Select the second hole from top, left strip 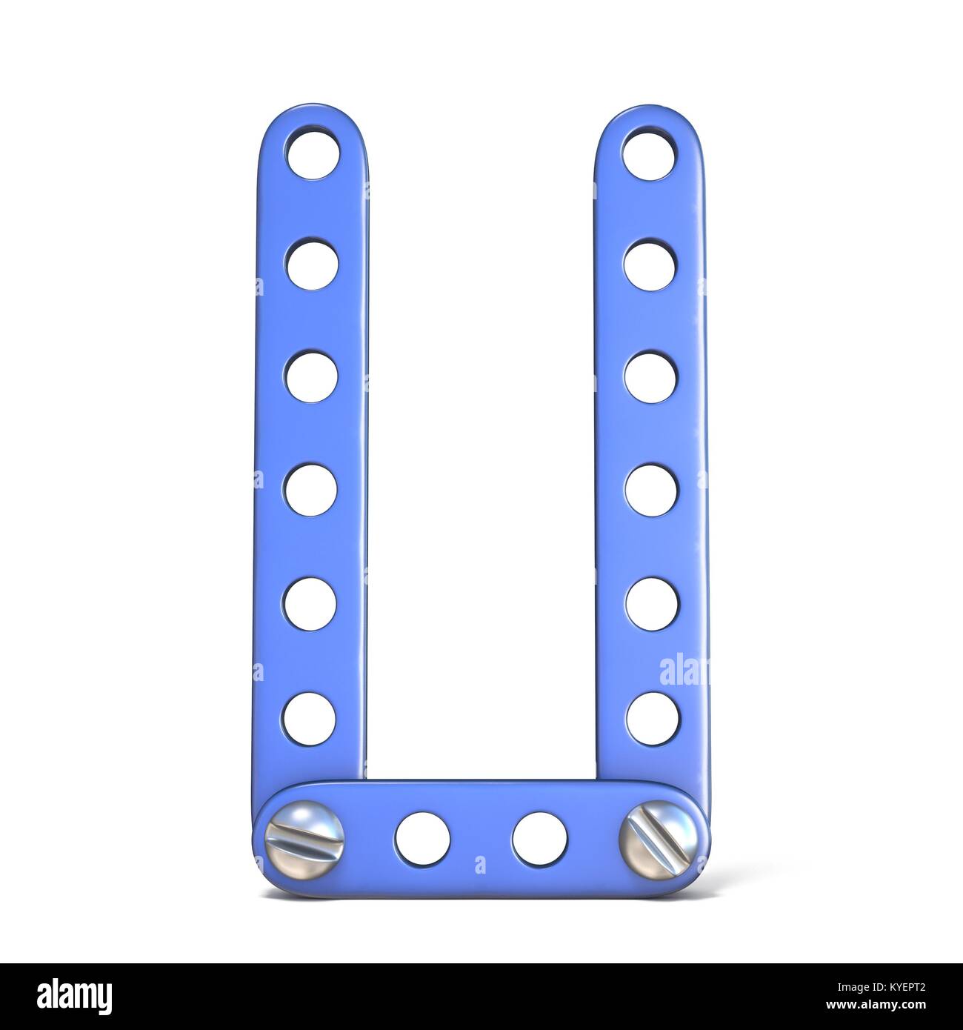coord(312,265)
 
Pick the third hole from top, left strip coord(311,376)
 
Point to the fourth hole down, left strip coord(310,488)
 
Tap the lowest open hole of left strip coord(309,716)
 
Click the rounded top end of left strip coord(313,119)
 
